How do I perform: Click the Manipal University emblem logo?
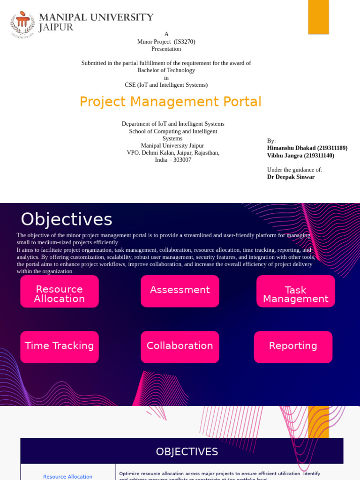(22, 23)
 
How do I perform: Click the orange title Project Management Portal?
(170, 102)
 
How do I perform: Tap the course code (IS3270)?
(184, 42)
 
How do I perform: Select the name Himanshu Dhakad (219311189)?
(307, 148)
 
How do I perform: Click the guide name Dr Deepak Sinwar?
(291, 177)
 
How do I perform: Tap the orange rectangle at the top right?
(318, 17)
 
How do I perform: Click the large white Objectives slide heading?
(66, 219)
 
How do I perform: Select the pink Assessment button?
(180, 291)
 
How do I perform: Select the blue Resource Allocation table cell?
(68, 476)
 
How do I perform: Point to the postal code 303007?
(182, 160)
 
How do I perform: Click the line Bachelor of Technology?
(166, 70)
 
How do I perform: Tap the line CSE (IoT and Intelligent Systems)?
(166, 85)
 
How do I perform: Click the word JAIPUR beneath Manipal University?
(56, 28)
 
